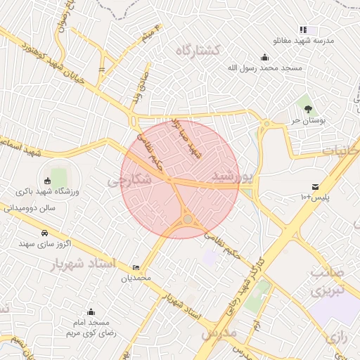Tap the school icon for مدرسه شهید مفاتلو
303,30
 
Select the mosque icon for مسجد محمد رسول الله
264,58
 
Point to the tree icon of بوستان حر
308,108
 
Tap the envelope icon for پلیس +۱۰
314,186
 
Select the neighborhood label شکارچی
129,180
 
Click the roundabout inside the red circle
188,219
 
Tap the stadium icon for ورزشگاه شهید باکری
48,180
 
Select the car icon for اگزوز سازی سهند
45,232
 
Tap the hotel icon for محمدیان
136,268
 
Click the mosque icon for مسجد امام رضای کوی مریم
90,311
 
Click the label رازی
337,337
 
